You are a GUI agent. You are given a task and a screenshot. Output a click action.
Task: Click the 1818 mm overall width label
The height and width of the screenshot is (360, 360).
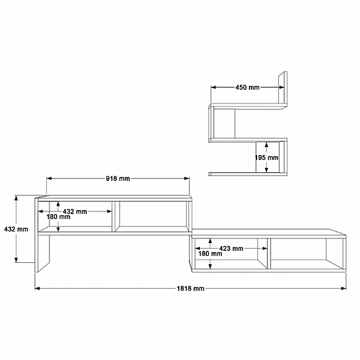click(190, 289)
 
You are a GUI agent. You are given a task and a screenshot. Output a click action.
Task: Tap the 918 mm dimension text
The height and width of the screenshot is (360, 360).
click(118, 179)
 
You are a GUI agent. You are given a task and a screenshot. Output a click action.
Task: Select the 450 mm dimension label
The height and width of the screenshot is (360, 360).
click(248, 87)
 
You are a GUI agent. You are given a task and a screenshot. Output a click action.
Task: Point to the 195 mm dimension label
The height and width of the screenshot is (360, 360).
click(267, 157)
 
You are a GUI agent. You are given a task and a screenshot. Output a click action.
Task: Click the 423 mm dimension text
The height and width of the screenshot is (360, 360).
click(231, 248)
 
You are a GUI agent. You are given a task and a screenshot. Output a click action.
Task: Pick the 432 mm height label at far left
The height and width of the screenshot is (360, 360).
click(16, 229)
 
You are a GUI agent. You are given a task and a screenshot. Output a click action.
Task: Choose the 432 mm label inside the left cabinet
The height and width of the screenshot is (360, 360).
click(75, 212)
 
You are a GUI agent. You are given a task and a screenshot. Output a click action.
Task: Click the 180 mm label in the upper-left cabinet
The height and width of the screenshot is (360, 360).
click(59, 217)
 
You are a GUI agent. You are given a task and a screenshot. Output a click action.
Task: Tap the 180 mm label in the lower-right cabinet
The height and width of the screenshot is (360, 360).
click(210, 254)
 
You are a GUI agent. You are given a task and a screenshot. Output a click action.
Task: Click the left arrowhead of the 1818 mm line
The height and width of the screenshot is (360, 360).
click(37, 289)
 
